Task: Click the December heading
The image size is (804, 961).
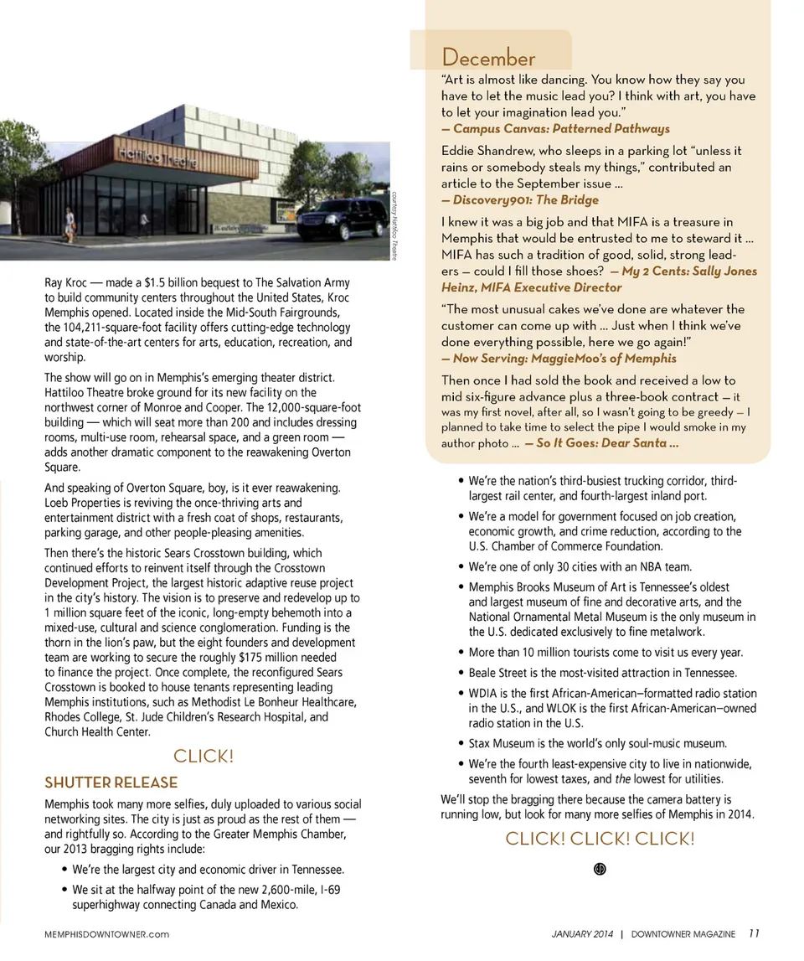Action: [488, 59]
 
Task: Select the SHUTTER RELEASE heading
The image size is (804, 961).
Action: [111, 783]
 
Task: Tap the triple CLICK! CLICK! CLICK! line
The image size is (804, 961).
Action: [600, 839]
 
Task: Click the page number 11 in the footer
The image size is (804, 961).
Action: [755, 933]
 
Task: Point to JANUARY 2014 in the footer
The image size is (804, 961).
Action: [582, 934]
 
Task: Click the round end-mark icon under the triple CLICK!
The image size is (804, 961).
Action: [600, 868]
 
